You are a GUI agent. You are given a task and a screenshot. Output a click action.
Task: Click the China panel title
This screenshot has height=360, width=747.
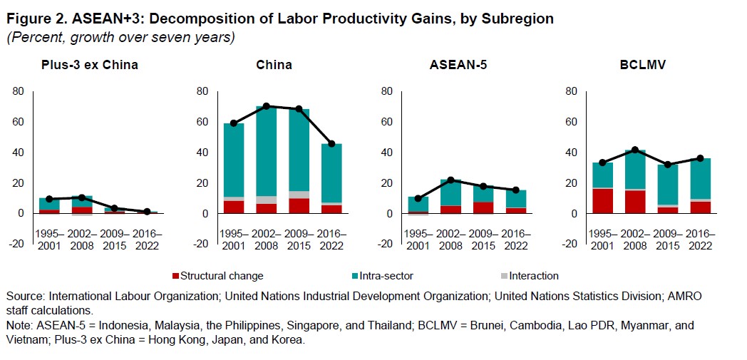click(x=274, y=65)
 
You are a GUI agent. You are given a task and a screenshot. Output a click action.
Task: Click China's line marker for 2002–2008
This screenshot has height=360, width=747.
click(x=267, y=106)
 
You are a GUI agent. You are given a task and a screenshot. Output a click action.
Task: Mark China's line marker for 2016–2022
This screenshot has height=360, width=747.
click(x=331, y=144)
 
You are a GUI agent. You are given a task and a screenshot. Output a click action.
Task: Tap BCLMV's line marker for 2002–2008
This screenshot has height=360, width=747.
click(x=636, y=150)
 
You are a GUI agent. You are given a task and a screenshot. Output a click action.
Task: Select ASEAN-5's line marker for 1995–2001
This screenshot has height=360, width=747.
click(x=418, y=198)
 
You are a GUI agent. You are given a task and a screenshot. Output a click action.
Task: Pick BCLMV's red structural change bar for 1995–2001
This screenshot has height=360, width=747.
click(x=603, y=200)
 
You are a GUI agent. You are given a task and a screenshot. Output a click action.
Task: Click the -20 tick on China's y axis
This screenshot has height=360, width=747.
click(x=201, y=244)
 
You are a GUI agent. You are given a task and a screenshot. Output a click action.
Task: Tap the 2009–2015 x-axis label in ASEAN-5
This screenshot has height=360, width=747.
click(x=483, y=239)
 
